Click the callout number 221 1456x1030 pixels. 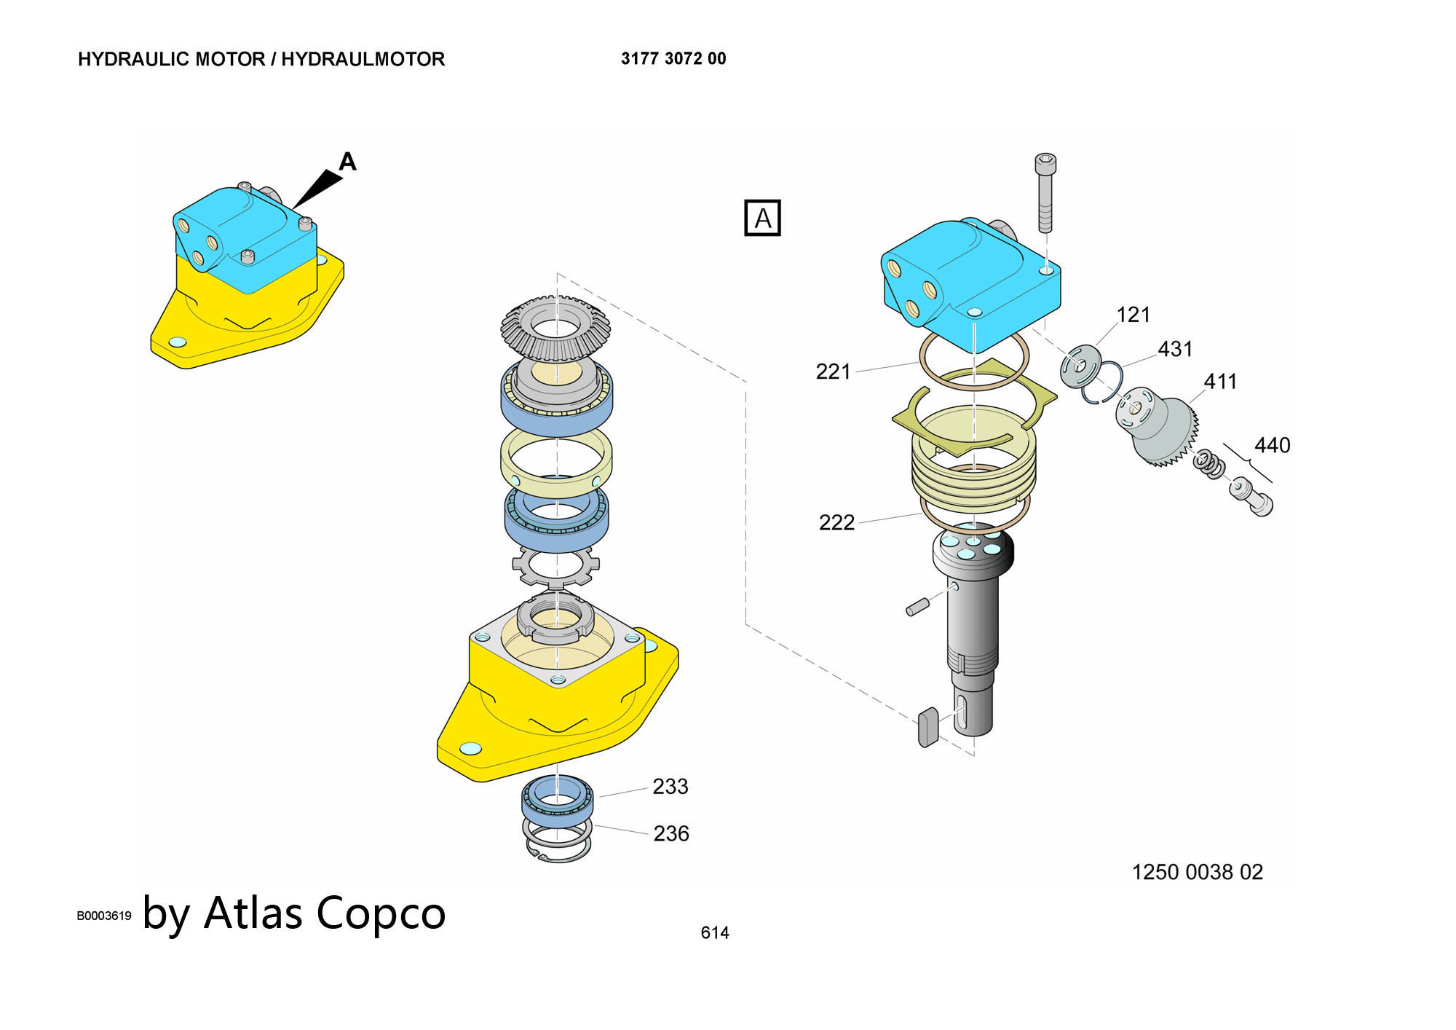[833, 372]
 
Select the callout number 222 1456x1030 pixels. [836, 523]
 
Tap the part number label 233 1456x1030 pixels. [670, 787]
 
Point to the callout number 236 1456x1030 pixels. [670, 833]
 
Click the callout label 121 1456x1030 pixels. [1133, 315]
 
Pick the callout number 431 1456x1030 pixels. [1175, 350]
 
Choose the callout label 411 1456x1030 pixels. [1220, 382]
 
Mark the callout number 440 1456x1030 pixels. [1272, 445]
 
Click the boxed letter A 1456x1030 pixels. [762, 219]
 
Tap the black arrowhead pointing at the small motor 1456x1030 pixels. [317, 189]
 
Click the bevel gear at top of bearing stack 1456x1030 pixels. [555, 328]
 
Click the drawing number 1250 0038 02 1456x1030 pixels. [1197, 872]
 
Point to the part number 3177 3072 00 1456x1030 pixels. [673, 59]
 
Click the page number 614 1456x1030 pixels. [714, 932]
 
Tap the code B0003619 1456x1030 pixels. [104, 916]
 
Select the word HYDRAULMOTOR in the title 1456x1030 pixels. [363, 59]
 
